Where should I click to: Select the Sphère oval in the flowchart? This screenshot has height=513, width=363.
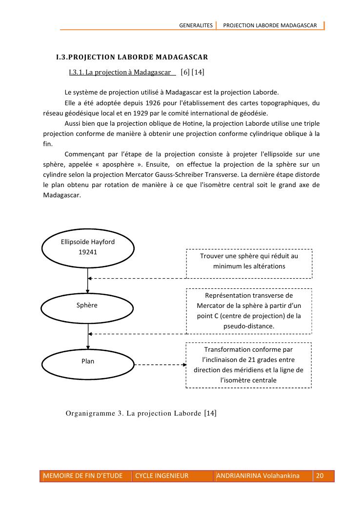88,305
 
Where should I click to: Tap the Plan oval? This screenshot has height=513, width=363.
88,361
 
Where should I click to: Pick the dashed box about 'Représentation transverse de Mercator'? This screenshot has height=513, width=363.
249,311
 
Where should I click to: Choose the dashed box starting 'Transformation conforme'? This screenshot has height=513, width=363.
249,365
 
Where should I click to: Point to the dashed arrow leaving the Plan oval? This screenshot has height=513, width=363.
160,364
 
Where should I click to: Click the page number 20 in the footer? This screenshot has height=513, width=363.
320,476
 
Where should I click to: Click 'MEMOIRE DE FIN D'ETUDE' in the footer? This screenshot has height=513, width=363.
83,476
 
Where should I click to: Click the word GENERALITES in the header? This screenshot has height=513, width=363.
196,25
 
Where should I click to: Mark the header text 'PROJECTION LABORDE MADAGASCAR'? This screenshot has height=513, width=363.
270,25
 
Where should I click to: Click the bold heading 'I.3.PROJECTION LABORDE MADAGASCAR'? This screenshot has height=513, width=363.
132,57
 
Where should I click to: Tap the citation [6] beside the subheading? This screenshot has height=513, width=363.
185,73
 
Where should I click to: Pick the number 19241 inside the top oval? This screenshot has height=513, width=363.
88,252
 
